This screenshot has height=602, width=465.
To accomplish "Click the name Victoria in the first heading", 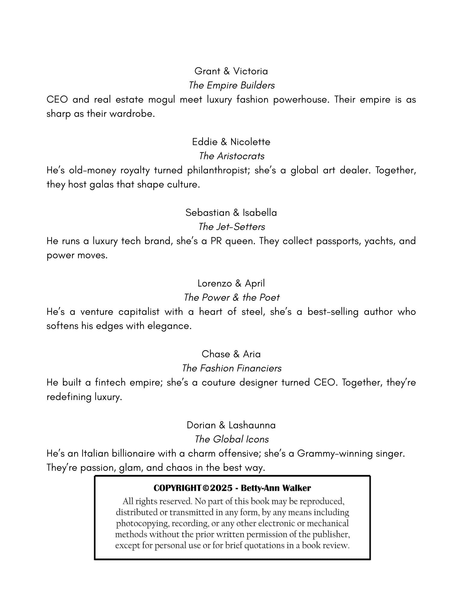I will coord(250,71).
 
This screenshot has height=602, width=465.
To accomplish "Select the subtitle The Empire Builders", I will coord(231,85).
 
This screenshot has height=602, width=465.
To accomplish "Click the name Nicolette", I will coord(250,142).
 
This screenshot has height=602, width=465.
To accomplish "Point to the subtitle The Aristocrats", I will coord(231,156).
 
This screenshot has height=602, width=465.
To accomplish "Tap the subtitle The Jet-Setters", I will coord(231,227).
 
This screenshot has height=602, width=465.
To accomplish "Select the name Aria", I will coord(252,354).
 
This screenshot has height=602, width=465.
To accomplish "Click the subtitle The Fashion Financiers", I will coord(231,368).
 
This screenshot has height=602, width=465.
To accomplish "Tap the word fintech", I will coord(110,383).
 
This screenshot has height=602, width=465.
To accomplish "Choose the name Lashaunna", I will coord(252,425).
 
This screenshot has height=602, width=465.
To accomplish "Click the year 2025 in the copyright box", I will coord(221,488).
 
